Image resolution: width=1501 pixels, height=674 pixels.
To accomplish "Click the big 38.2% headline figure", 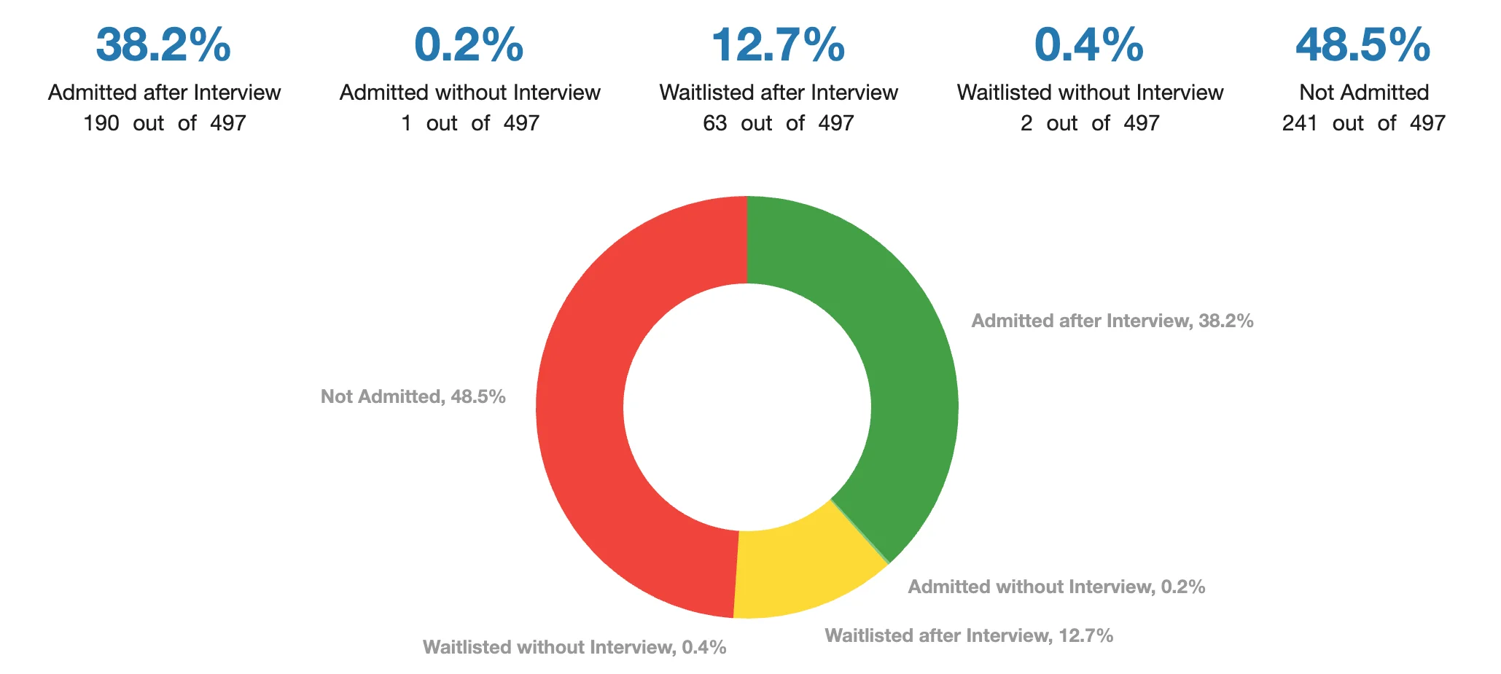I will (x=163, y=45).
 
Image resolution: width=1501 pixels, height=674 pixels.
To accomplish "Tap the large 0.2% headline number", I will (x=469, y=45).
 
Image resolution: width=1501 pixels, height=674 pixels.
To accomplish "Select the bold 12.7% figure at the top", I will (x=778, y=45).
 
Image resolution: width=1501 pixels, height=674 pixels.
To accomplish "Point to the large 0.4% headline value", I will (x=1089, y=45).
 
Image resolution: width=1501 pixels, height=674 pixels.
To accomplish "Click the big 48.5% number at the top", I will (x=1362, y=45).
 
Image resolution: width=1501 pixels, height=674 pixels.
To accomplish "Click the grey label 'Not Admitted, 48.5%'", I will (x=413, y=396).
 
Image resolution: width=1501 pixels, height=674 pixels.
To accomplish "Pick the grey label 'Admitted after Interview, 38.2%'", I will (x=1112, y=321).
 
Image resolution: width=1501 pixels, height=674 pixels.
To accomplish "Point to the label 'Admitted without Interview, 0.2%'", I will (x=1056, y=587).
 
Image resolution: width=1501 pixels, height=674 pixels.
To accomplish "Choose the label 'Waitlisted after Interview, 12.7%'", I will (x=969, y=635).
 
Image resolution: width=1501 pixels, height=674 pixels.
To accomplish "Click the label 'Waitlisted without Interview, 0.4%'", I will (x=574, y=647).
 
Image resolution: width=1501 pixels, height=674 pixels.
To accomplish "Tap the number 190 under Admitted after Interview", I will (x=101, y=123).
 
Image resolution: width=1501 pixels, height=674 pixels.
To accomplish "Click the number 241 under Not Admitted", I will (x=1299, y=123).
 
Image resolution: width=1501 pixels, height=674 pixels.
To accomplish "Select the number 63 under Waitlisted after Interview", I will (x=714, y=123).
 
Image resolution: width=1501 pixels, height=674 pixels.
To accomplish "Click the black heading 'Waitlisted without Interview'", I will (x=1090, y=93).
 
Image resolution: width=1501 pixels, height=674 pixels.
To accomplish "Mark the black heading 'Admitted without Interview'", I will (x=469, y=93).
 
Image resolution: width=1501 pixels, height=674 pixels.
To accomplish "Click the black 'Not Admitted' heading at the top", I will (x=1363, y=93).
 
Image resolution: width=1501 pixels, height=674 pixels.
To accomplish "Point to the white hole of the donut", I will (x=747, y=407).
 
